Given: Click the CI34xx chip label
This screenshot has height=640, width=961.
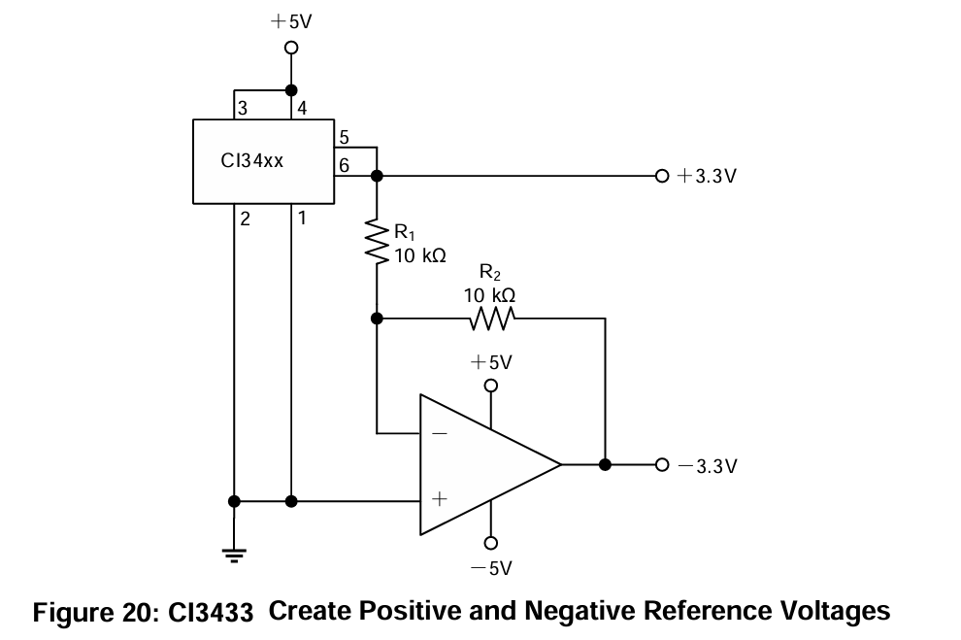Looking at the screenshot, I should click(252, 161).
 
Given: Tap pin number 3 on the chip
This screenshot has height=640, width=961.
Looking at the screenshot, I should click(243, 109).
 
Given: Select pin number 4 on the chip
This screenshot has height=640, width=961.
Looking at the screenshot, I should click(302, 109).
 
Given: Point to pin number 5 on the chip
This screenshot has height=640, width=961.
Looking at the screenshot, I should click(344, 138).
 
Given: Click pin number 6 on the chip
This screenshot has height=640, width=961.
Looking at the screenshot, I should click(344, 166).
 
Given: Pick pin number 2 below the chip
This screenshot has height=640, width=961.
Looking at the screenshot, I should click(246, 219).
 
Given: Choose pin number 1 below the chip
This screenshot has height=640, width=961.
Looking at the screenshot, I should click(302, 219).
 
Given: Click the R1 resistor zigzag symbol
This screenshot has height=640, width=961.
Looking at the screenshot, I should click(377, 242).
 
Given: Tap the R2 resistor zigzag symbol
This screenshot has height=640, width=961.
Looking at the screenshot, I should click(490, 318).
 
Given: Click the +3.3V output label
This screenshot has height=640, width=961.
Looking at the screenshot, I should click(707, 177).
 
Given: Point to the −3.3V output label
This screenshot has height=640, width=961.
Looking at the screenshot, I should click(708, 465).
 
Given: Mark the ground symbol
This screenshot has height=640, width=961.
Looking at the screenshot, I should click(234, 556).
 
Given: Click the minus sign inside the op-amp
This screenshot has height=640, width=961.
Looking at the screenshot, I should click(439, 432).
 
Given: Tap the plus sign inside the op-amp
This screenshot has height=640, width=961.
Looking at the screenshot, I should click(439, 499).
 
